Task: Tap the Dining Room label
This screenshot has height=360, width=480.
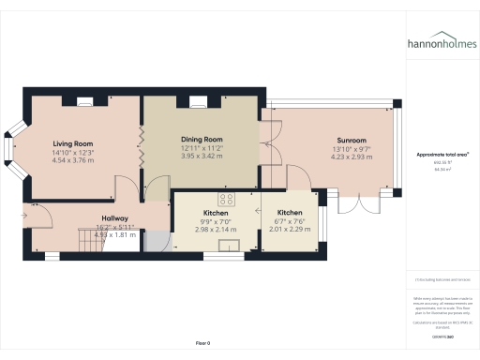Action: [x=201, y=140]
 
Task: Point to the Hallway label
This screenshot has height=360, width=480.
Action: [x=114, y=217]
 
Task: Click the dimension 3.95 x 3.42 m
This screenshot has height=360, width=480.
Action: [x=201, y=156]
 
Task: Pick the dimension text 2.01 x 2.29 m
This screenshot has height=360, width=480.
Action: [x=289, y=230]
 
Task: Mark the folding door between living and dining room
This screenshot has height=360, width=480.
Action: [x=142, y=148]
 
